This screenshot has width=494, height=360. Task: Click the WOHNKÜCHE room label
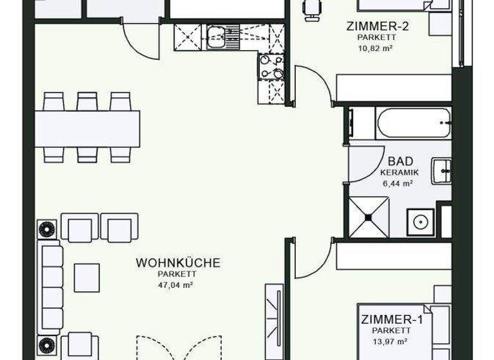(x=178, y=262)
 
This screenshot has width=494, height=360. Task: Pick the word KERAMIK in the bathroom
(x=399, y=172)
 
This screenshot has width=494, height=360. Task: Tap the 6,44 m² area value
(x=398, y=183)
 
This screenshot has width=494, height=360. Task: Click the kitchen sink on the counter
(x=215, y=36)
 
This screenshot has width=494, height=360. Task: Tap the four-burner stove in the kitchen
(x=271, y=66)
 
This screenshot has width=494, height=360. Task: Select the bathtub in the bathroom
(x=413, y=123)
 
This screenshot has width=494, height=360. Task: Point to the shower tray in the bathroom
(x=369, y=217)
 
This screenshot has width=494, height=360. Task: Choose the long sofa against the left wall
(x=50, y=289)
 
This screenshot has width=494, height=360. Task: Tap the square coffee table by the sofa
(x=86, y=277)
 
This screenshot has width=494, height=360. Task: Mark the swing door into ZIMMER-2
(x=313, y=84)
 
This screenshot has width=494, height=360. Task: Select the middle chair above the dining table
(x=87, y=102)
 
